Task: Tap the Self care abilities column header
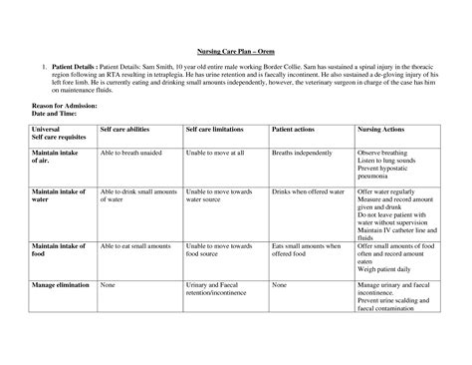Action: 129,129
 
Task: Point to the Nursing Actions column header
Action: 382,129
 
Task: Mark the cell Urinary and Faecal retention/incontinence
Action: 220,289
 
